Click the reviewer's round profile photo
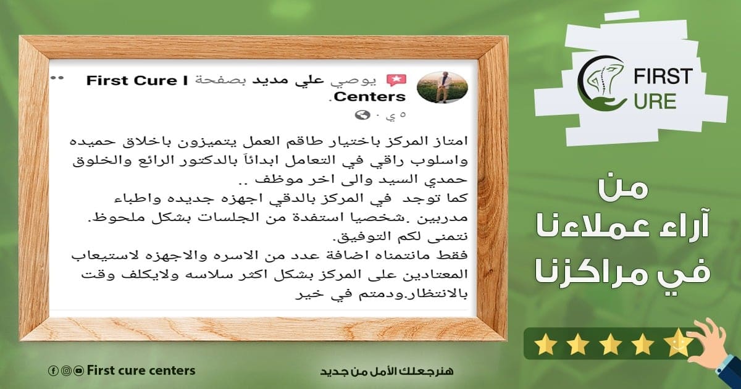[x=442, y=87]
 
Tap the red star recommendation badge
[x=396, y=80]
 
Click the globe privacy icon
[x=362, y=115]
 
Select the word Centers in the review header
[x=370, y=96]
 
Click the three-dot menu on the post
[x=57, y=78]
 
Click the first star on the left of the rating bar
[x=545, y=344]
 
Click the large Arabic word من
[x=623, y=189]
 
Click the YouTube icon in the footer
[x=80, y=371]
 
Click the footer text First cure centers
[x=141, y=371]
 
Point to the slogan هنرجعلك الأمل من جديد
[x=387, y=372]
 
